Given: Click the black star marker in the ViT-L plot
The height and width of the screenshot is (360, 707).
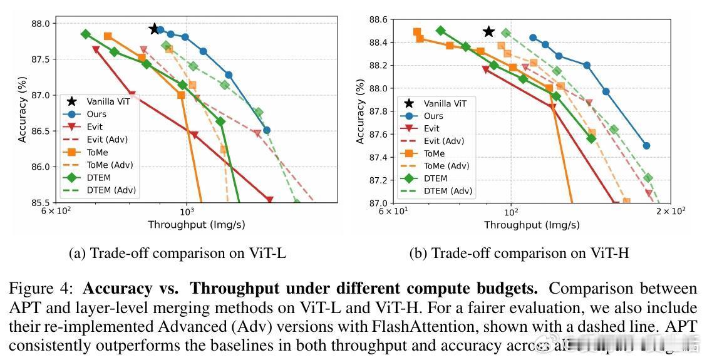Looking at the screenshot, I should [x=154, y=29].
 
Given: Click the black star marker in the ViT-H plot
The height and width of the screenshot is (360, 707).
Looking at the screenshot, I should [x=488, y=32].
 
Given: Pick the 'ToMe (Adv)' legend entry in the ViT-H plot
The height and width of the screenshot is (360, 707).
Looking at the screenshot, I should [x=446, y=166].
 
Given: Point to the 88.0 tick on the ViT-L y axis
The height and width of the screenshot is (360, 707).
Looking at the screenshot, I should [x=45, y=24].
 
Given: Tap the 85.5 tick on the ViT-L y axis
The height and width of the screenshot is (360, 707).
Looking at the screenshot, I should [x=45, y=203].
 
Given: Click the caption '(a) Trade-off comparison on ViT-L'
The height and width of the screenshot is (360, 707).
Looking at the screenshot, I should [x=178, y=253].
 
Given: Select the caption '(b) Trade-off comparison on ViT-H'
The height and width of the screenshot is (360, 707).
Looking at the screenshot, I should [x=519, y=253].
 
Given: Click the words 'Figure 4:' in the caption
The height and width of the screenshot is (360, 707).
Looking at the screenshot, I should [x=43, y=289].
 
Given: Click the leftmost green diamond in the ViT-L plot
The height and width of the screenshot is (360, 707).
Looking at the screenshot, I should [x=86, y=34].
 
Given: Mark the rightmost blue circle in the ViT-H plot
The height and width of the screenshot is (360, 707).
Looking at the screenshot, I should [x=646, y=146].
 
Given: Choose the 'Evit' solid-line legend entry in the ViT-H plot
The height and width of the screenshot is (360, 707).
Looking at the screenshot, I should [x=431, y=128].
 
